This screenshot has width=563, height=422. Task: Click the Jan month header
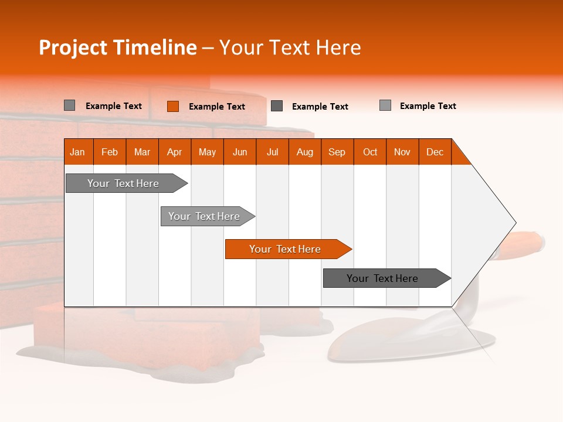click(77, 152)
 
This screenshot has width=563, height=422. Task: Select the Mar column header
click(142, 152)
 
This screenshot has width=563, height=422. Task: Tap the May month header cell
click(207, 152)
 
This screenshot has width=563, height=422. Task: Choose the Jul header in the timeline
click(272, 152)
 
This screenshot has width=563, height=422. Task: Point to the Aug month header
click(304, 152)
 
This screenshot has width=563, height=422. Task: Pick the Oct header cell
click(370, 152)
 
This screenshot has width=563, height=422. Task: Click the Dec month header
click(435, 152)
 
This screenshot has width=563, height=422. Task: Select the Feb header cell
click(110, 152)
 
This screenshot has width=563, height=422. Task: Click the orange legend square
click(172, 106)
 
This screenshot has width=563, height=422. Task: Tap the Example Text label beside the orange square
click(216, 107)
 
